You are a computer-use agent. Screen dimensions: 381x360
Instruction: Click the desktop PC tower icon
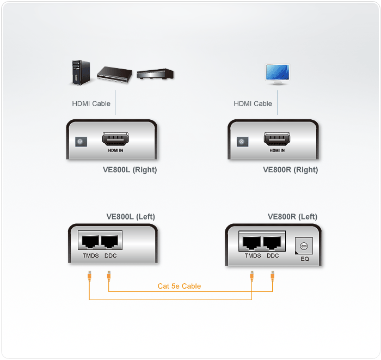click(81, 72)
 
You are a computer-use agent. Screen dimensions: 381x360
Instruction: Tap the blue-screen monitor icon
click(278, 74)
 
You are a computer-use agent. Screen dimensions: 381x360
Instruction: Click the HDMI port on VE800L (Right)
click(115, 139)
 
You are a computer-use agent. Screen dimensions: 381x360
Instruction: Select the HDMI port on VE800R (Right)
click(277, 139)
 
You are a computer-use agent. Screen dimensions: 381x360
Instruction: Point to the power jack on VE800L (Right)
click(81, 142)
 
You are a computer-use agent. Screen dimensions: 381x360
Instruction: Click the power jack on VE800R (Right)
click(243, 142)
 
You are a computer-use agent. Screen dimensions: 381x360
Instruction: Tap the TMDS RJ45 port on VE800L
click(90, 242)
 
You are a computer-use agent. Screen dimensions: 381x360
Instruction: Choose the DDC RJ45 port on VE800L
click(109, 242)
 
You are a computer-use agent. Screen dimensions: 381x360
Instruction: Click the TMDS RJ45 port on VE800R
click(251, 243)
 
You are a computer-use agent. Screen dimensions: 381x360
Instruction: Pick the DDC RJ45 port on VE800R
click(272, 243)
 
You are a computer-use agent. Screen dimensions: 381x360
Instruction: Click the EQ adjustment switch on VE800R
click(304, 246)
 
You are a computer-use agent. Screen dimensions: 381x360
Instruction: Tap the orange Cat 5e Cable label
click(179, 286)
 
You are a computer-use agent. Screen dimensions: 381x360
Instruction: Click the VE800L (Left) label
click(131, 217)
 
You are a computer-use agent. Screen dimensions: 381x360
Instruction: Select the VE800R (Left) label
click(293, 217)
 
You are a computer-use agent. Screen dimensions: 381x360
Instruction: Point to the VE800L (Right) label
click(130, 170)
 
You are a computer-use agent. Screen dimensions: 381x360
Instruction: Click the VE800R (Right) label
click(291, 170)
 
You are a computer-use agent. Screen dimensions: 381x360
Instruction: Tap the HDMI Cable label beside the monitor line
click(253, 104)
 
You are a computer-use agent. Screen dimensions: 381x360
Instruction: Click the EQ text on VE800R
click(305, 259)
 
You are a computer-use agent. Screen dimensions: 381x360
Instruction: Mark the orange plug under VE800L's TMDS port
click(89, 276)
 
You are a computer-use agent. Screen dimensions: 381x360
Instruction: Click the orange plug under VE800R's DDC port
click(272, 276)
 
